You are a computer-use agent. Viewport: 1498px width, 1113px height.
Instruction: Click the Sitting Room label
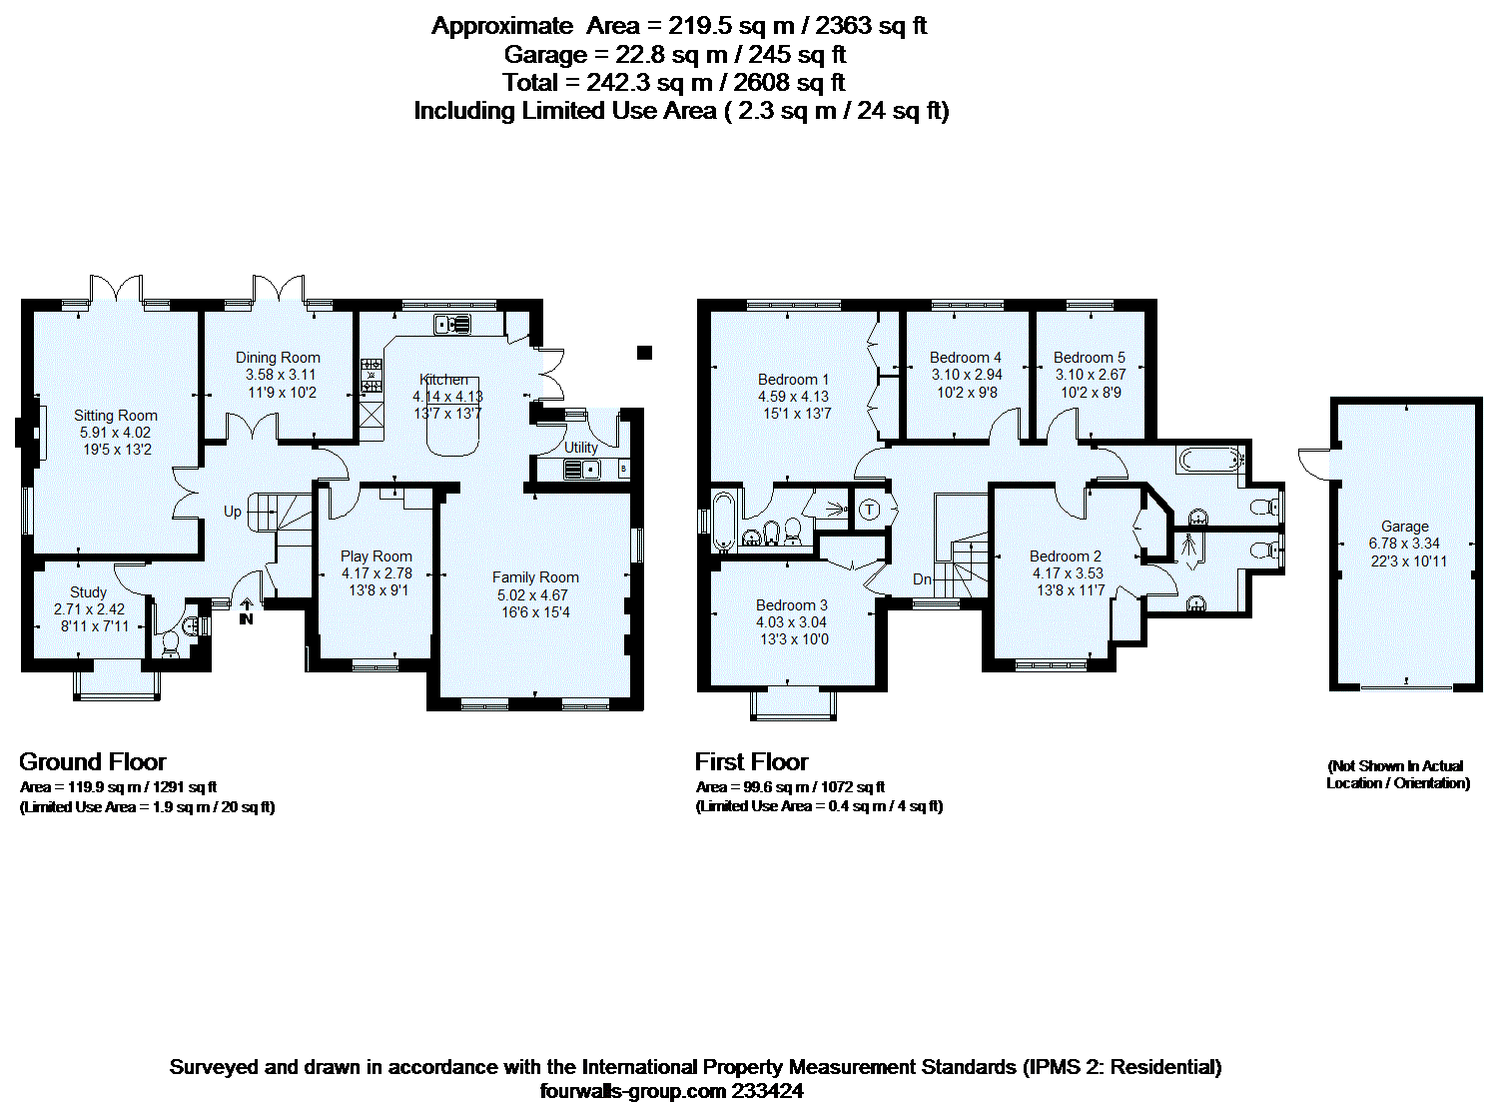(x=116, y=415)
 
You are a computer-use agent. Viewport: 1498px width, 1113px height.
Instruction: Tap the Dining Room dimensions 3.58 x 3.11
(x=281, y=375)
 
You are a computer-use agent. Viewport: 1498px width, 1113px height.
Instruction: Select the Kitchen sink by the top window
(x=452, y=325)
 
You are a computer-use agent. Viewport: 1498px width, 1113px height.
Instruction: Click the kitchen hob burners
(x=371, y=376)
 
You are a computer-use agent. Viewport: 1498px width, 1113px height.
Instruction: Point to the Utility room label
(x=581, y=448)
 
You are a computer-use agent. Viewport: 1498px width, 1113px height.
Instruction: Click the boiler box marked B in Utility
(x=623, y=469)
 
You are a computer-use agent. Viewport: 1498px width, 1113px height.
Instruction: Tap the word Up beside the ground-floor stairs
(x=233, y=512)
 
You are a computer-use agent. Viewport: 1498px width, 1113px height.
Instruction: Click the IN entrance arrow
(x=246, y=610)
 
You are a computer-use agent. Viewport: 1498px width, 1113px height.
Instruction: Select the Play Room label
(x=376, y=556)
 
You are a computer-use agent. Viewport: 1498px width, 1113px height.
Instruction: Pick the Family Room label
(x=535, y=577)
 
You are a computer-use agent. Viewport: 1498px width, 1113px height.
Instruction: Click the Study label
(x=89, y=592)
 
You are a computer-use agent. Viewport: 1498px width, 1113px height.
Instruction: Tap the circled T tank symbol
(x=870, y=510)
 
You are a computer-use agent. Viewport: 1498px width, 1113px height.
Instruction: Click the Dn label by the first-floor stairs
(x=923, y=579)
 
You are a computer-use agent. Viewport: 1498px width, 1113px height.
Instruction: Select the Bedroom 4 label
(x=965, y=357)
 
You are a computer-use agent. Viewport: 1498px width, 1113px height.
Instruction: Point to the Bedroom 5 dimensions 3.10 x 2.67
(x=1091, y=375)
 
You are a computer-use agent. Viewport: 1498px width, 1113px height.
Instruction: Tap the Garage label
(x=1405, y=526)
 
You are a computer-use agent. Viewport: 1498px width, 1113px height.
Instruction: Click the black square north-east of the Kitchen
(x=644, y=352)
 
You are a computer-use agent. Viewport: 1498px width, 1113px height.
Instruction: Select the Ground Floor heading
(x=93, y=761)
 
